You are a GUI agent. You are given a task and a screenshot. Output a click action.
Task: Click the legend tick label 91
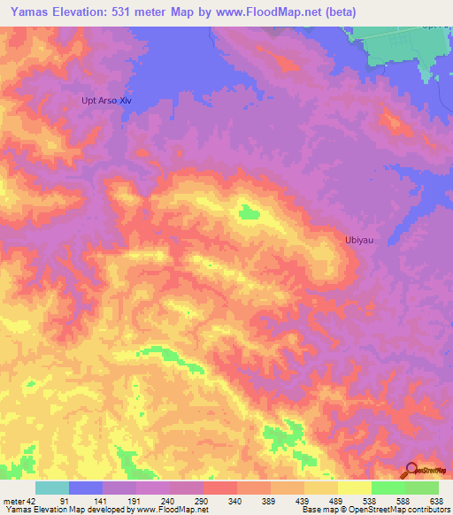pos(65,500)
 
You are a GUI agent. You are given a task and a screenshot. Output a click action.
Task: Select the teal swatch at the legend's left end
pos(52,488)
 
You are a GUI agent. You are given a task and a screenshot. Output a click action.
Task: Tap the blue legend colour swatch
pos(86,488)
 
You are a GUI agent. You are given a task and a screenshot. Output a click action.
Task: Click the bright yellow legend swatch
pos(355,488)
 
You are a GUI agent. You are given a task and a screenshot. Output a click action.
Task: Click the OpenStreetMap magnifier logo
pos(411,470)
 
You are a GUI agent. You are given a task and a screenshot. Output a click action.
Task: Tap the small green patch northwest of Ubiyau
pos(247,211)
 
